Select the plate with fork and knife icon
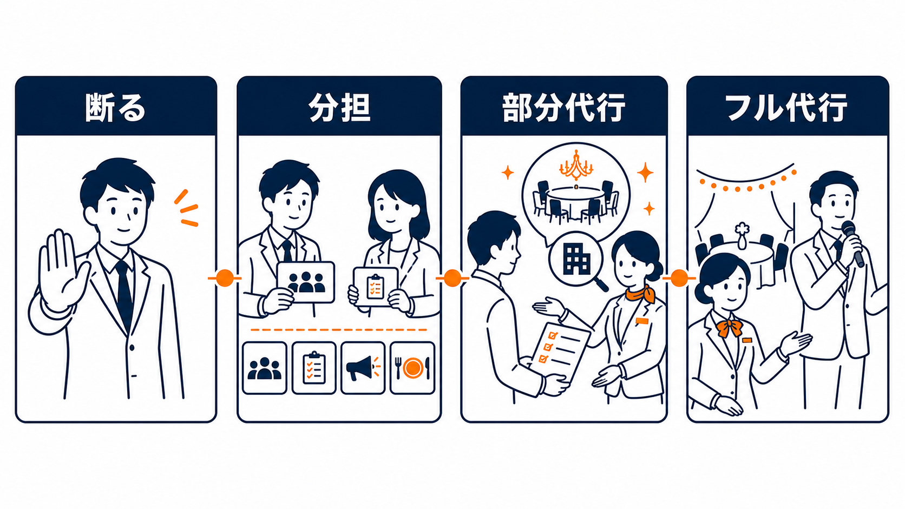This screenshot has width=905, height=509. pyautogui.click(x=412, y=368)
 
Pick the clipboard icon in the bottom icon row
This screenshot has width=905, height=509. pyautogui.click(x=314, y=368)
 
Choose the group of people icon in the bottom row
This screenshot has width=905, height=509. pyautogui.click(x=264, y=368)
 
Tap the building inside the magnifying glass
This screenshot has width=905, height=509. pyautogui.click(x=576, y=259)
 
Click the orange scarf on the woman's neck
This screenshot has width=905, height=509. pyautogui.click(x=640, y=294)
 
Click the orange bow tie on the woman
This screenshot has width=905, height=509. pyautogui.click(x=730, y=327)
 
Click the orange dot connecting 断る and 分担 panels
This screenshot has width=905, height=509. pyautogui.click(x=225, y=278)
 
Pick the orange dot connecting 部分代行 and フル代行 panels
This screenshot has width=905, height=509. pyautogui.click(x=679, y=278)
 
